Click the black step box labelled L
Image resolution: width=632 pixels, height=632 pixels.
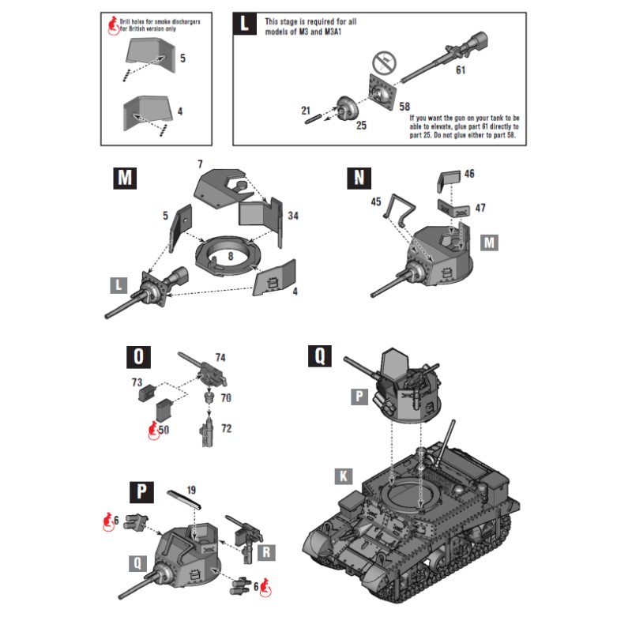244,24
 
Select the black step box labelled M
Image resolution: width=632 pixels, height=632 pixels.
123,179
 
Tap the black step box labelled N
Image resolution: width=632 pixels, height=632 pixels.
359,179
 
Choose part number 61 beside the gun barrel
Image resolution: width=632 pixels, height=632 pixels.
461,71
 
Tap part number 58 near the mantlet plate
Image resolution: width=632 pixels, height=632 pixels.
404,106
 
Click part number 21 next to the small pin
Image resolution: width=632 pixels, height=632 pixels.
306,110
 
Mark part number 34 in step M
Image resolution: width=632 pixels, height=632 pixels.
293,215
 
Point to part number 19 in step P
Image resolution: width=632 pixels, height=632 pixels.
190,490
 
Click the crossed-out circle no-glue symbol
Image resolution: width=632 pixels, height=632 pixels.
384,62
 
